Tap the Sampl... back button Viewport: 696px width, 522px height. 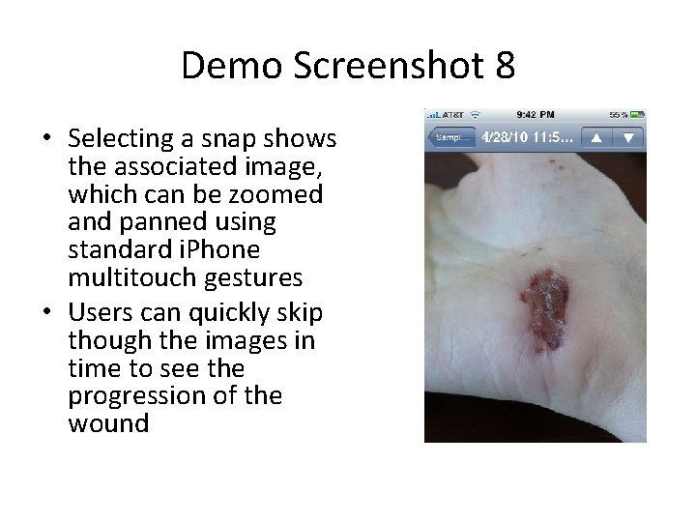click(451, 137)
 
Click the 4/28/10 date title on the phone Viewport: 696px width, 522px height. click(527, 137)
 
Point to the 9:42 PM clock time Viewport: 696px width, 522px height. click(535, 115)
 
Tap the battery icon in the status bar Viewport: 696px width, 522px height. click(632, 115)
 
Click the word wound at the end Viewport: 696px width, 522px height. click(108, 423)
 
